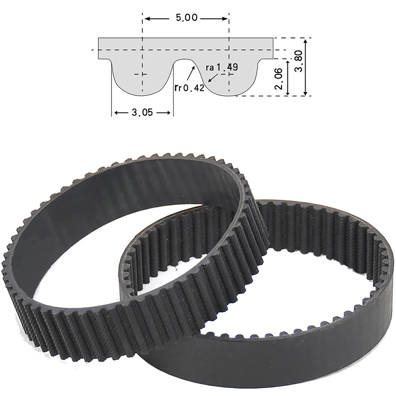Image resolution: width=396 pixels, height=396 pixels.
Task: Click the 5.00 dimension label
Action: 186,18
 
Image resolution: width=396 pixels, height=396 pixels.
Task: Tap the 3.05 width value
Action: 142,113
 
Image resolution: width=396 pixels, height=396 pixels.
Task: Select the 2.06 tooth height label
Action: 280,78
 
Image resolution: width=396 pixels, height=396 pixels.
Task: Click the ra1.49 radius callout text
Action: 222,67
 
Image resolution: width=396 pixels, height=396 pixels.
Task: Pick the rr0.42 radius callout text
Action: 189,87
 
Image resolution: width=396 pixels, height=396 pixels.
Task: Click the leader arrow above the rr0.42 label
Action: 193,67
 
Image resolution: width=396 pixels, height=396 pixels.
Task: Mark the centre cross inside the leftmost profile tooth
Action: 142,74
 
